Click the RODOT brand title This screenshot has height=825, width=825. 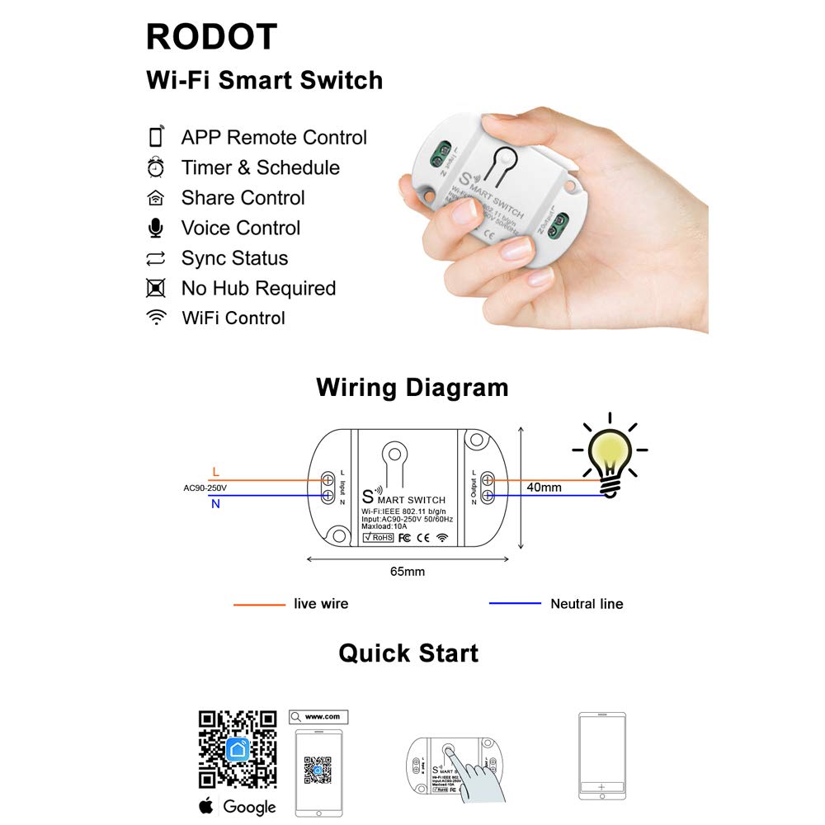click(x=211, y=37)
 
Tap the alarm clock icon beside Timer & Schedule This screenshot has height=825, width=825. click(x=155, y=167)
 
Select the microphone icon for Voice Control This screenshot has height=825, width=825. click(x=155, y=228)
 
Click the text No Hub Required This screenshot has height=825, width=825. click(x=258, y=288)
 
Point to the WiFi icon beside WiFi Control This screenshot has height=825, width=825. click(x=155, y=318)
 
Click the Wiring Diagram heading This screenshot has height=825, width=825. click(x=412, y=387)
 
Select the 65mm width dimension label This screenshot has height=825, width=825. click(x=408, y=571)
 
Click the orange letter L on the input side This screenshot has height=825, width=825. click(x=215, y=472)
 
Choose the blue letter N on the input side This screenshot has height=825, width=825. click(x=215, y=503)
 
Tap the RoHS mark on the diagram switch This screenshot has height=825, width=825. click(x=378, y=537)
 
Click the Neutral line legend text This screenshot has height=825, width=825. click(x=587, y=604)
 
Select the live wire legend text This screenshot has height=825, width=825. click(x=321, y=604)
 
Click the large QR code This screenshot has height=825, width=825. click(x=238, y=749)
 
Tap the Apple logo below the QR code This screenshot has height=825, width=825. click(x=207, y=806)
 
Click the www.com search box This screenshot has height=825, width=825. click(x=318, y=717)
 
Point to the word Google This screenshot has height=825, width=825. click(x=249, y=807)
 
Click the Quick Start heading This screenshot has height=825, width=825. click(x=408, y=653)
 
